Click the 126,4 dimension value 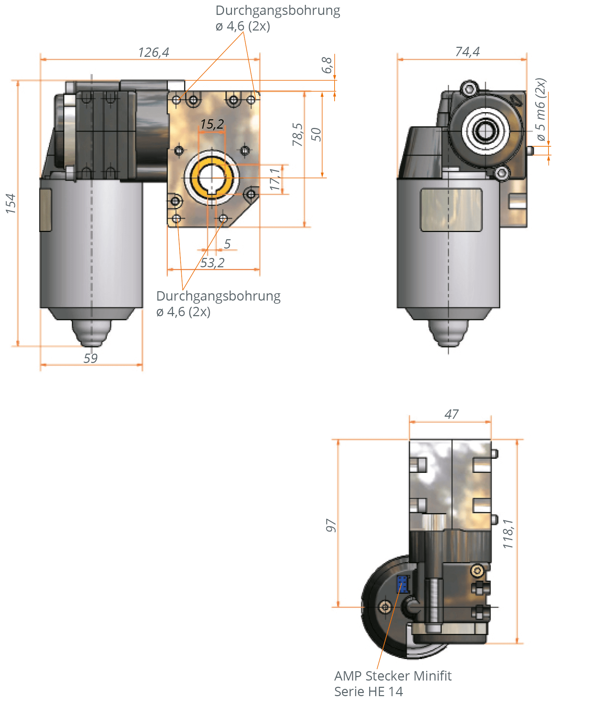click(154, 53)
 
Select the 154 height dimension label click(11, 204)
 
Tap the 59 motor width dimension click(90, 358)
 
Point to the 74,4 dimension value click(467, 52)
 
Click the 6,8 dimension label click(327, 65)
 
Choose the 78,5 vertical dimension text click(297, 135)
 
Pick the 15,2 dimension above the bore click(212, 124)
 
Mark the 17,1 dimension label click(275, 179)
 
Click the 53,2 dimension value click(212, 263)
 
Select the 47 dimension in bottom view click(451, 414)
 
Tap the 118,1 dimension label click(508, 534)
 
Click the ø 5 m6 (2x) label click(541, 110)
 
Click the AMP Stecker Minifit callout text click(392, 676)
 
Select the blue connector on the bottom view click(403, 584)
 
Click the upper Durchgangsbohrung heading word click(278, 10)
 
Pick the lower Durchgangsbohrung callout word click(218, 296)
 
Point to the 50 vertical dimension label click(316, 135)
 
